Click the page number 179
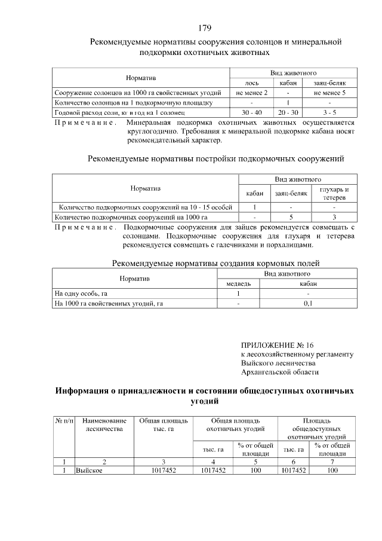point(205,28)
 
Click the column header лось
point(251,82)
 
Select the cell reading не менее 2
point(251,93)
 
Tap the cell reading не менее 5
point(329,93)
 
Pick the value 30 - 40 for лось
point(251,112)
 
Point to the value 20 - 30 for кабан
point(288,112)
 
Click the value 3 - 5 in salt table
point(329,112)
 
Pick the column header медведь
point(238,283)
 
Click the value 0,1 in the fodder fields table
point(308,303)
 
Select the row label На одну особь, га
point(81,294)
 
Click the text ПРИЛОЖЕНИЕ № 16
point(277,345)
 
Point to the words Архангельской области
point(279,372)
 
